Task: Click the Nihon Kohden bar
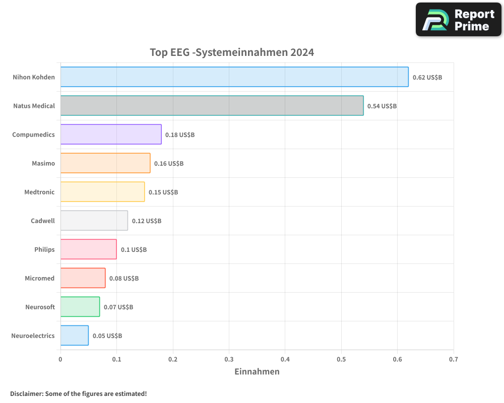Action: pos(234,77)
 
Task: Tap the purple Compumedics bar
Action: pos(111,135)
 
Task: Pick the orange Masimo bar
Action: pos(105,163)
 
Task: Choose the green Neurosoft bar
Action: pos(80,307)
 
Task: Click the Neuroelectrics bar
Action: pos(75,335)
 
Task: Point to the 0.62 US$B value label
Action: pos(427,78)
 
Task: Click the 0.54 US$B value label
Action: pos(382,106)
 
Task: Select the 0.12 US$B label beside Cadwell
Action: pos(146,221)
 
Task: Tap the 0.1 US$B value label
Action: pos(134,250)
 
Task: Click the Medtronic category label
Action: pos(39,192)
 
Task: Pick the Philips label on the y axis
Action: pos(44,249)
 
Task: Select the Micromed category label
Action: pos(39,278)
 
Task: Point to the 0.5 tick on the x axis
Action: pos(341,360)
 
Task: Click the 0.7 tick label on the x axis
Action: pos(454,360)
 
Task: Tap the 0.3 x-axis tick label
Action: pos(229,360)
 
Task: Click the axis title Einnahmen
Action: pos(257,372)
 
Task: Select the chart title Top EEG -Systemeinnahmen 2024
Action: pos(232,52)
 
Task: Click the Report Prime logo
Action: pos(459,20)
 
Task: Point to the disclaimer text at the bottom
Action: pos(78,393)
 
